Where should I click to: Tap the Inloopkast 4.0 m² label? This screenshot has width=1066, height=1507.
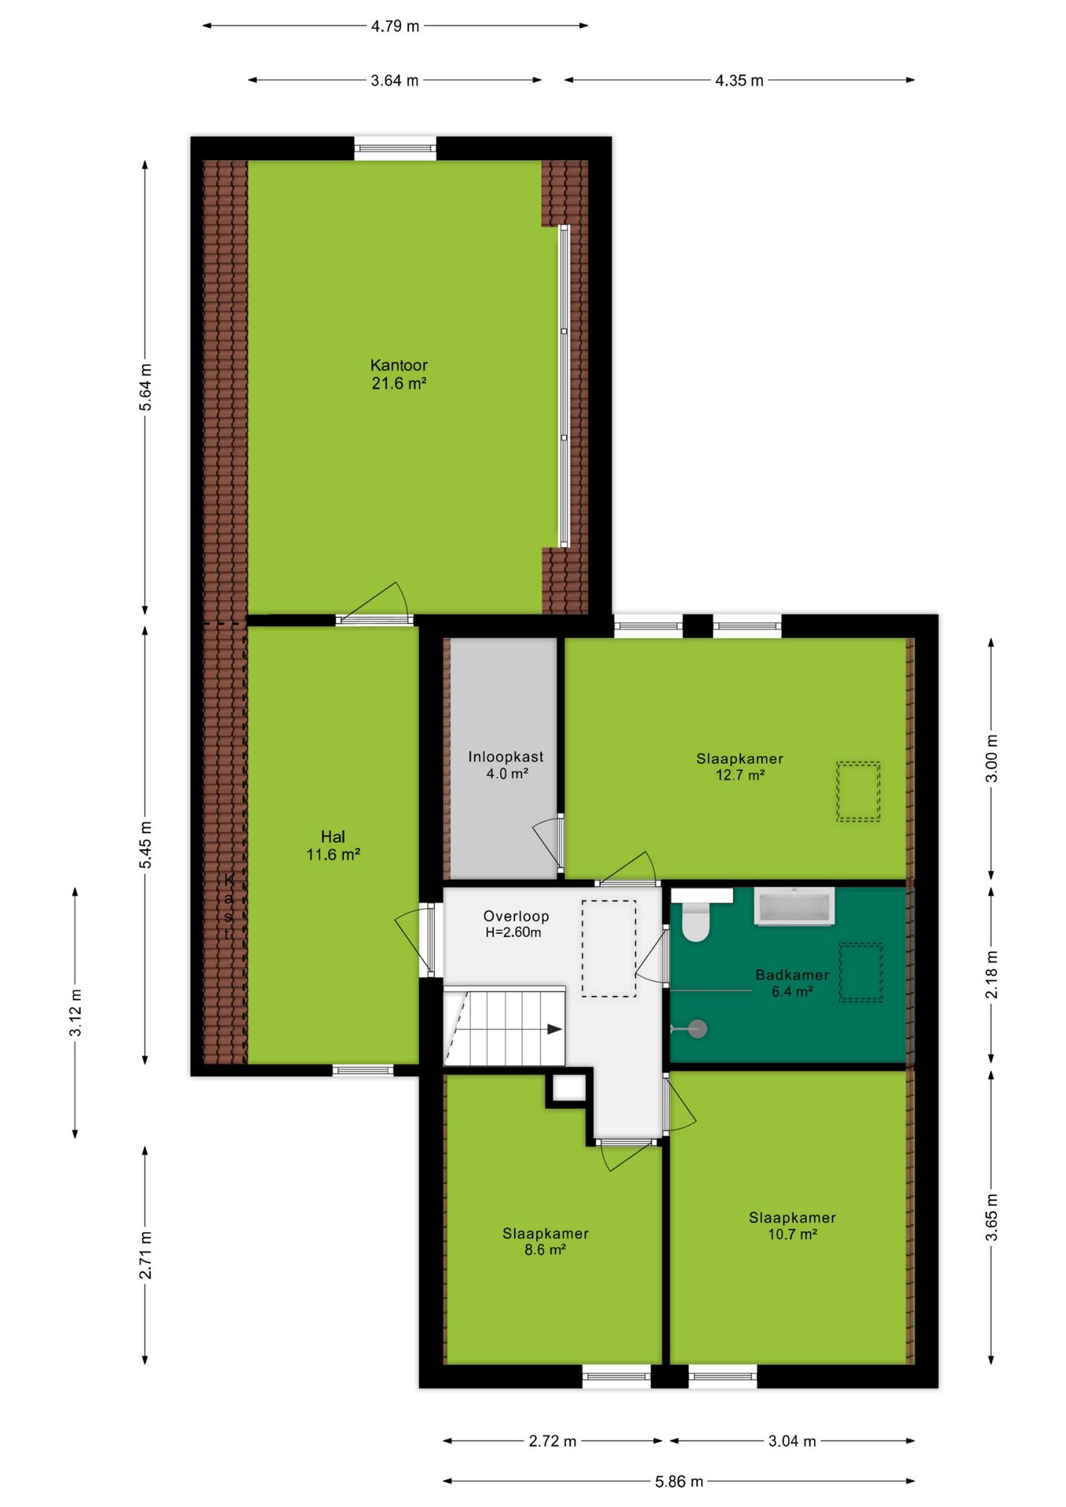click(506, 764)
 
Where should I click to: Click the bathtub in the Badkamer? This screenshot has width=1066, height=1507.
click(794, 907)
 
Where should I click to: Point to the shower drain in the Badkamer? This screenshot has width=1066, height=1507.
click(697, 1028)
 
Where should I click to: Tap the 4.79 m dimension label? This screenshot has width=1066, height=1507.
click(395, 26)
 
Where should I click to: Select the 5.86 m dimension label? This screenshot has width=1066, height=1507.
click(679, 1481)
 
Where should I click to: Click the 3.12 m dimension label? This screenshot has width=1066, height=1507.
click(75, 1013)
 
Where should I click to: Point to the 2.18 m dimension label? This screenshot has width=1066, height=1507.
click(992, 974)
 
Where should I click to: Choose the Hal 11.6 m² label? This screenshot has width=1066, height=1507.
click(333, 845)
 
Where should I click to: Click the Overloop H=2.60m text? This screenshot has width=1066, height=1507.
click(515, 924)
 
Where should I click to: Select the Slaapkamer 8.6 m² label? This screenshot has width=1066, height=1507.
click(546, 1241)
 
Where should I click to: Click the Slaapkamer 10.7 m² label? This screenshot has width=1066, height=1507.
click(792, 1225)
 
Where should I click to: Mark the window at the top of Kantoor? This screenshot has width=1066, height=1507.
click(395, 148)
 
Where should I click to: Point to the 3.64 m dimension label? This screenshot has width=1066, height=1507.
click(395, 80)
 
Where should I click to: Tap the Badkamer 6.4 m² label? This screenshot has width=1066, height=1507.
click(792, 983)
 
